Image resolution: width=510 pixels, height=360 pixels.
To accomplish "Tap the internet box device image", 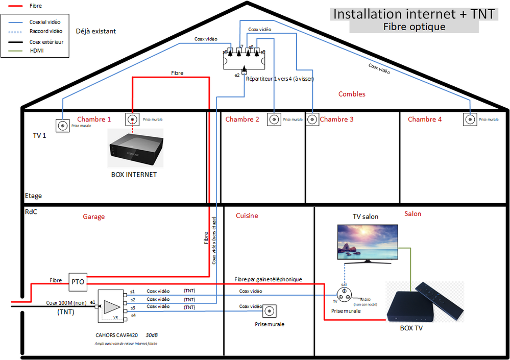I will (x=136, y=149).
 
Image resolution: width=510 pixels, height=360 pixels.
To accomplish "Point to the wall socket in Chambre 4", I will (x=470, y=119).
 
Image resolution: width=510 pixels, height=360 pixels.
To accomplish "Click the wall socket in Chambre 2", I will (x=274, y=119).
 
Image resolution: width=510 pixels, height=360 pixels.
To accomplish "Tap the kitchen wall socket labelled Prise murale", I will (x=269, y=311).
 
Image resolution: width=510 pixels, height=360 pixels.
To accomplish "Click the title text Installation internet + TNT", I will (x=414, y=14).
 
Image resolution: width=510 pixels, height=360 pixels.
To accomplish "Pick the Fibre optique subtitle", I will (x=414, y=27).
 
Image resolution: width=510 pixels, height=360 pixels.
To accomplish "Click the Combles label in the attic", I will (x=352, y=94).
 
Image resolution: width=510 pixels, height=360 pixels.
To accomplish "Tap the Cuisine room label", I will (x=247, y=215).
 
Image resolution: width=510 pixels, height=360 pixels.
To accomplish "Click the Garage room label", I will (x=94, y=217).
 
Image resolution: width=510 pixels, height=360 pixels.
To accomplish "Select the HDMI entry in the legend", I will (x=37, y=51).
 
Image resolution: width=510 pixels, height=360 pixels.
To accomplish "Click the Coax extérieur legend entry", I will (x=46, y=42).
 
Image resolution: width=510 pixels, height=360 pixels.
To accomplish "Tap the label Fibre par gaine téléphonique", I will (x=268, y=279).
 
